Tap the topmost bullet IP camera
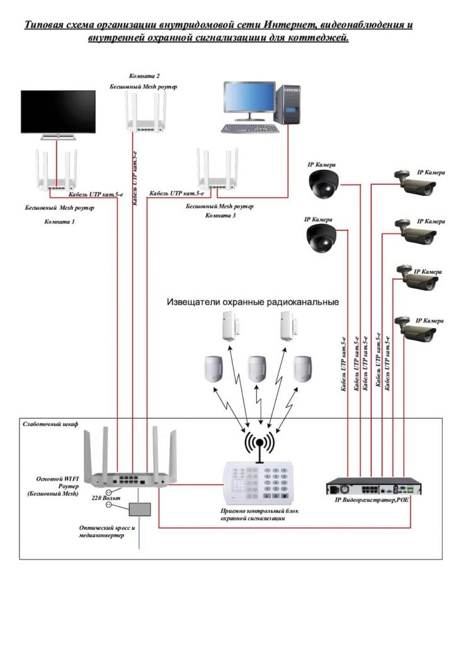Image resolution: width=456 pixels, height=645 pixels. (x=415, y=182)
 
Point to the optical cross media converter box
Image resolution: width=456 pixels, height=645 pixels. (x=140, y=508)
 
